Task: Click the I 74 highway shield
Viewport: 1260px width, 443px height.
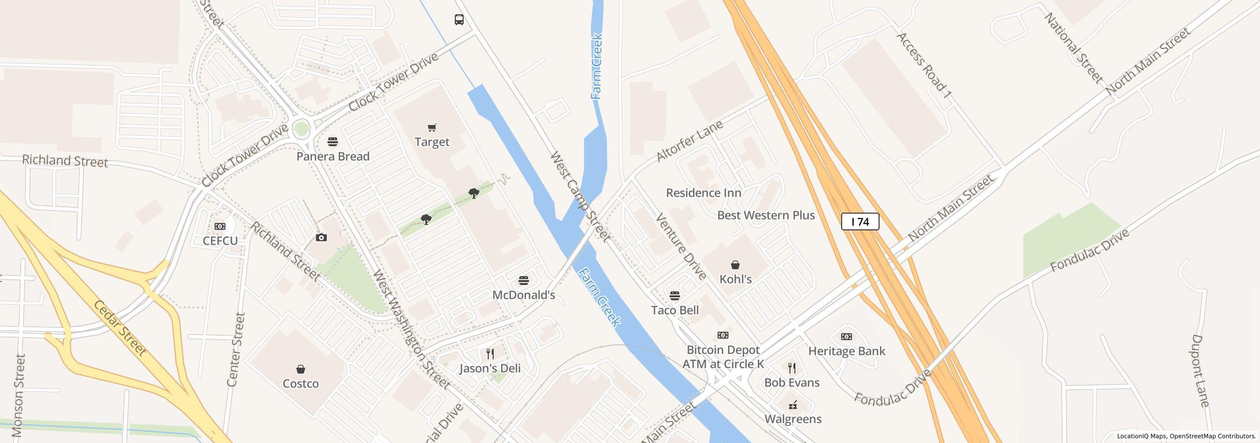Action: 860,222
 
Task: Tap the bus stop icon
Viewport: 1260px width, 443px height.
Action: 459,20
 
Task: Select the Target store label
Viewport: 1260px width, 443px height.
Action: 432,142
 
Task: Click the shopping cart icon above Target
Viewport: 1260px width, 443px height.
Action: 432,128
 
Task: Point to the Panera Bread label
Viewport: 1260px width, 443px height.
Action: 333,157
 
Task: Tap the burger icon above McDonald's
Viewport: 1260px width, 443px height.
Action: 524,281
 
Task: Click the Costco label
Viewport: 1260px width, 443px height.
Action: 300,384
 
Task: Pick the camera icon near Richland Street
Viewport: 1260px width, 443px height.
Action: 321,238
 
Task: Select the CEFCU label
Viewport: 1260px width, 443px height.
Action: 220,241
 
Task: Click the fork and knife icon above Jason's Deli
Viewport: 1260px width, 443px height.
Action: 490,353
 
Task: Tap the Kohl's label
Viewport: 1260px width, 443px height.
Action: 735,280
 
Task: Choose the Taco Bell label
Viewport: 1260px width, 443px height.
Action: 674,311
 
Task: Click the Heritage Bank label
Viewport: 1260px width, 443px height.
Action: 846,351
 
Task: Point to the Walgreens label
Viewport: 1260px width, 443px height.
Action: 792,419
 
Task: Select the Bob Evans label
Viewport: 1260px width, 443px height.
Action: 791,383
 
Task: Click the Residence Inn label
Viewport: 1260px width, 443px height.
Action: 703,193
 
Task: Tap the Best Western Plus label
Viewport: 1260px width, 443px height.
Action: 766,216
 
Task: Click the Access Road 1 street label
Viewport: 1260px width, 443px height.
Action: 923,65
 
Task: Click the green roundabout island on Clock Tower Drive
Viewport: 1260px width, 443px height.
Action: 301,129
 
